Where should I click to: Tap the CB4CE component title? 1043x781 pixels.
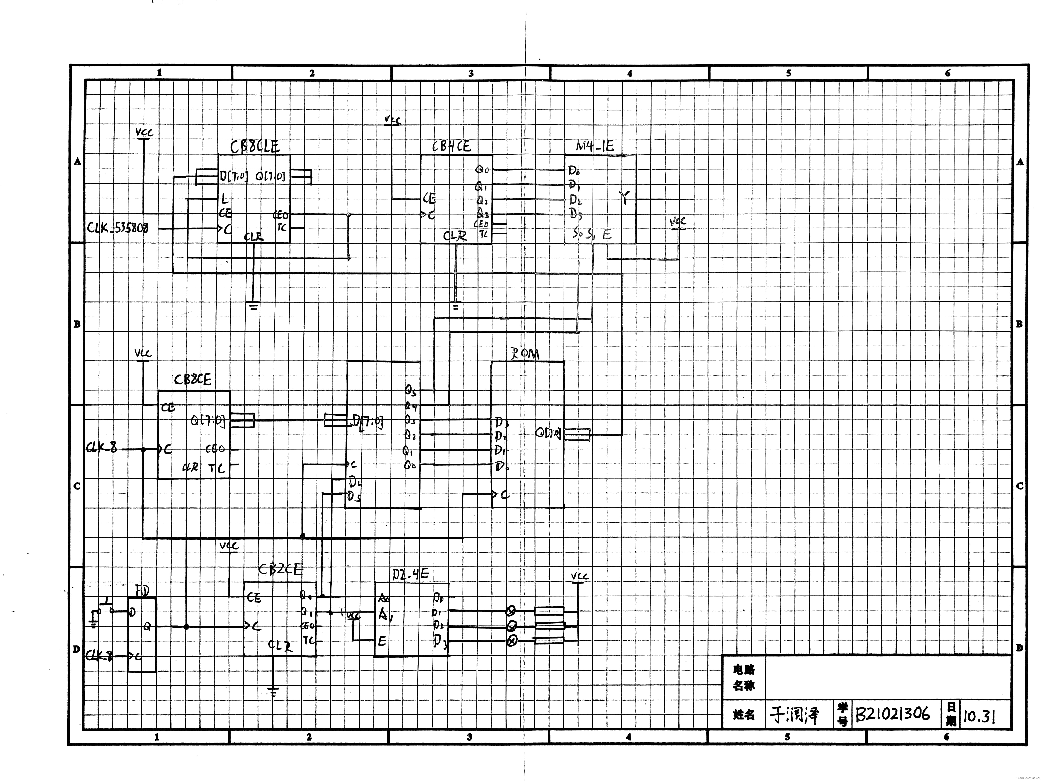[x=451, y=147]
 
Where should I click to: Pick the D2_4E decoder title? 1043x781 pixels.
[x=410, y=574]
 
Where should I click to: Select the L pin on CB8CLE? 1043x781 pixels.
[x=224, y=199]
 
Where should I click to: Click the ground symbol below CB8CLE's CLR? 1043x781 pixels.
[x=254, y=306]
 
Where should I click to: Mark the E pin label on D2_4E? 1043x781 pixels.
[x=382, y=641]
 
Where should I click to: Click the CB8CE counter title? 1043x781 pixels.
[x=192, y=379]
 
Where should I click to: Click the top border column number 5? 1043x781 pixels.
[x=788, y=73]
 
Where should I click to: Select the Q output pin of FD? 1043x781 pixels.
[x=147, y=626]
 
